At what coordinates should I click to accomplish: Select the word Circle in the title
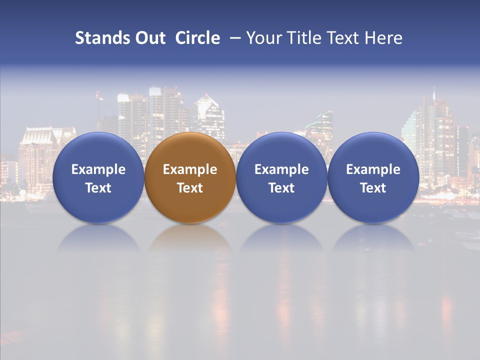197,38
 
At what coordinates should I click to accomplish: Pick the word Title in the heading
301,38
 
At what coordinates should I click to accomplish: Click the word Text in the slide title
342,38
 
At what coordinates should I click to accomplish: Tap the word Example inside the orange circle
190,169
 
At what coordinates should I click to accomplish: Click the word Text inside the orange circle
190,188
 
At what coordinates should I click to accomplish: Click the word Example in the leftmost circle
98,169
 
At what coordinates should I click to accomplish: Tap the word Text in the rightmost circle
373,188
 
